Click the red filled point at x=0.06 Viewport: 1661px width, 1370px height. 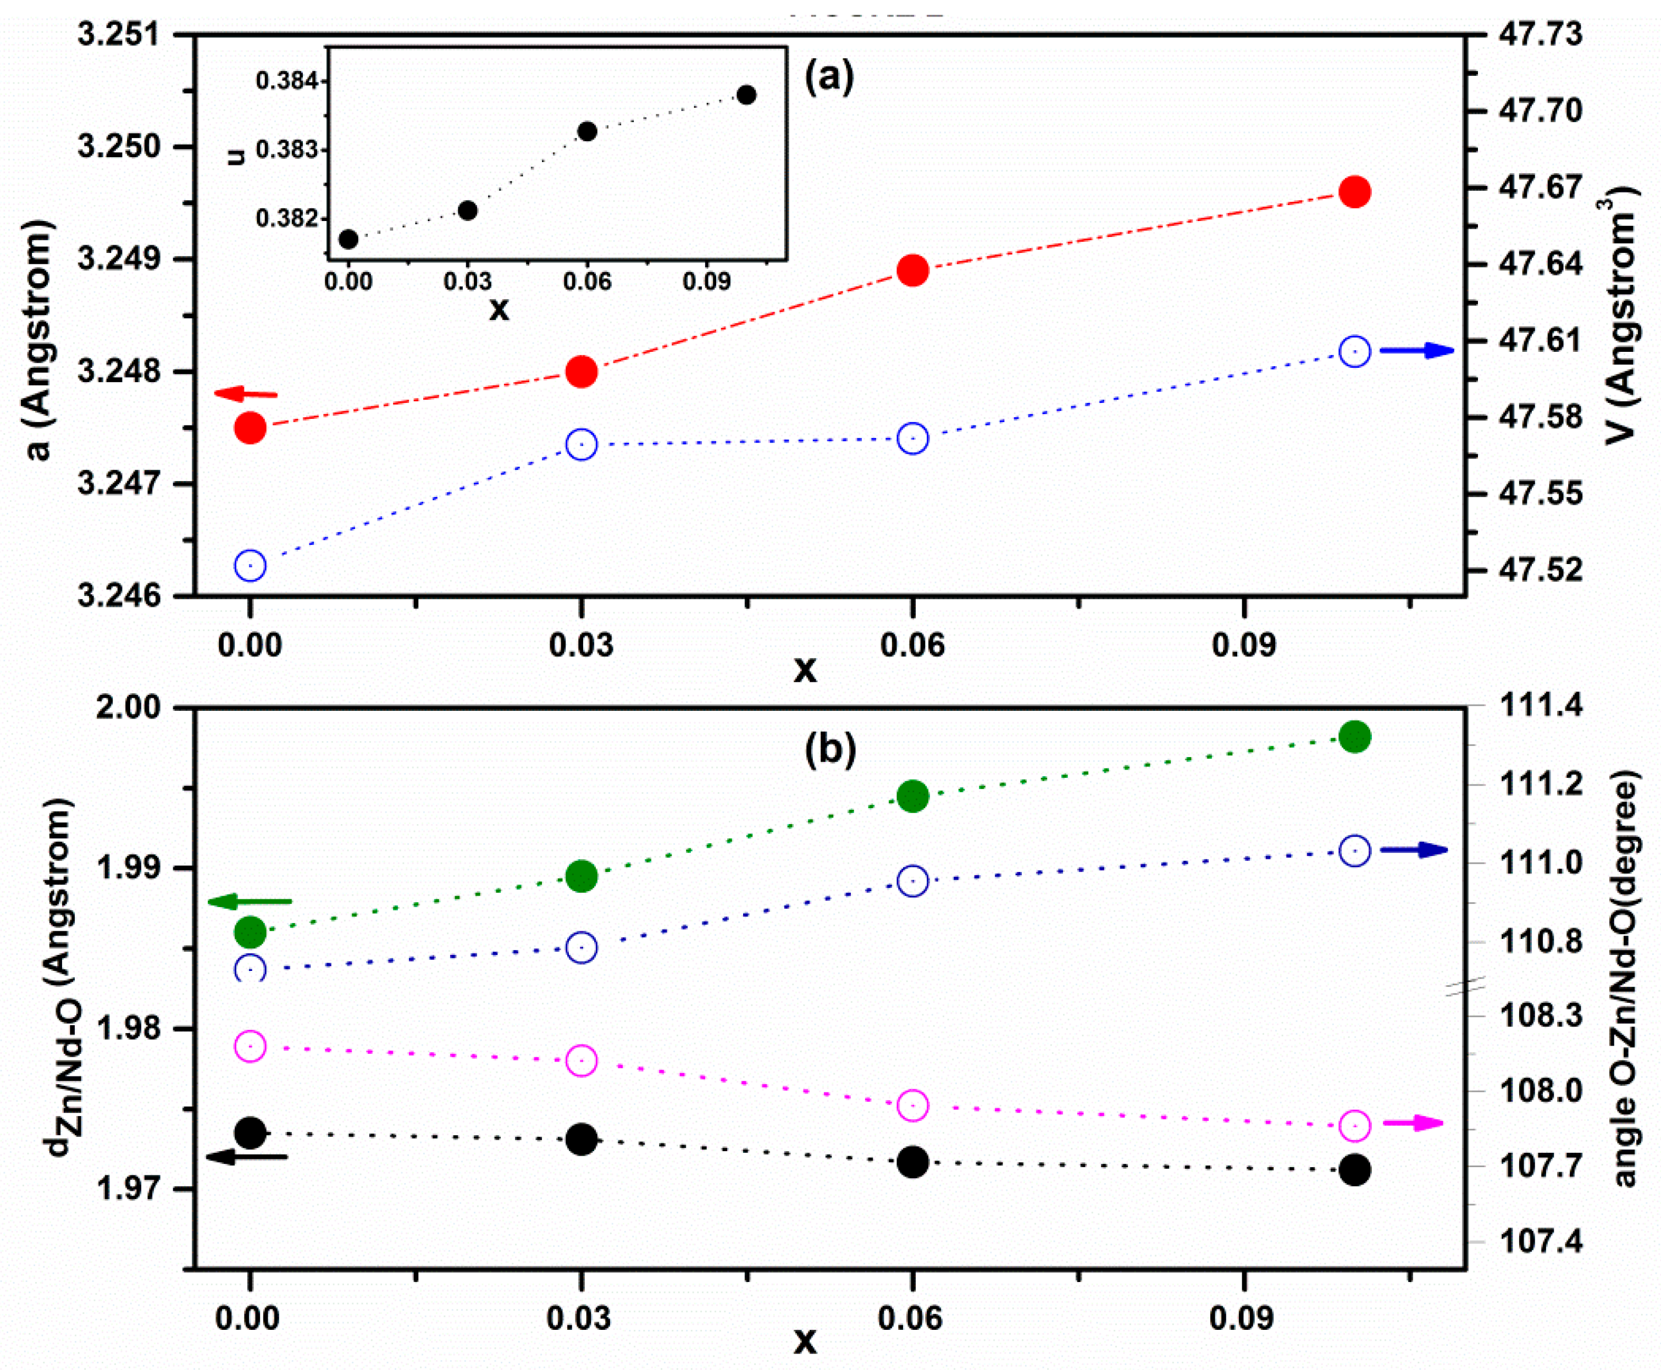(x=913, y=270)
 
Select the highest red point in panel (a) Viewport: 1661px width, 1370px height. (x=1355, y=192)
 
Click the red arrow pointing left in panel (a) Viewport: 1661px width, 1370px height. (x=246, y=393)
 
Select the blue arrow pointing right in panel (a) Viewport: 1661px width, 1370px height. (x=1417, y=350)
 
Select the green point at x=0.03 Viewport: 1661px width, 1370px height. (x=582, y=876)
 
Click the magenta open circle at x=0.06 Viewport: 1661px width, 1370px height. (x=913, y=1106)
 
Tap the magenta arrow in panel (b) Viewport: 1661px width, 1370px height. (x=1413, y=1123)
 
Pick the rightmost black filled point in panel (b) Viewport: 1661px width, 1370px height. (x=1355, y=1169)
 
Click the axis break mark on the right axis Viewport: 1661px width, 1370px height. (x=1466, y=986)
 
